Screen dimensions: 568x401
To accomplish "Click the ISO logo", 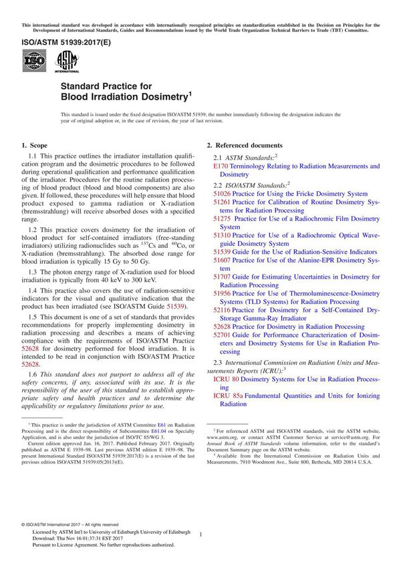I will tap(34, 62).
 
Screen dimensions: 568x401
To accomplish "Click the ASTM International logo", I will tap(67, 62).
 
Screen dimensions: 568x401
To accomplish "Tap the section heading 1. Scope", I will tap(34, 145).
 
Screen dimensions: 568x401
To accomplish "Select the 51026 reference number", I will tap(222, 194).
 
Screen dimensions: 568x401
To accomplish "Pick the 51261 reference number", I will tap(222, 202).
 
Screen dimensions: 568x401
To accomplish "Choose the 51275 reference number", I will tap(222, 219).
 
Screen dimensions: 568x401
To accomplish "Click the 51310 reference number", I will tap(222, 235).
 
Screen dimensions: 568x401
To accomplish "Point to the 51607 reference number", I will tap(222, 260).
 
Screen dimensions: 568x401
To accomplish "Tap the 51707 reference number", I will tap(222, 277).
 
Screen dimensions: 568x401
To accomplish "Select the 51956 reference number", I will tap(222, 293).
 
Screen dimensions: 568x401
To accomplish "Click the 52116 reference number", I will tap(222, 310).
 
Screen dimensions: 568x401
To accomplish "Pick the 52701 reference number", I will tap(222, 335).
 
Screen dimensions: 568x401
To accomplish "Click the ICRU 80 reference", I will tap(227, 379).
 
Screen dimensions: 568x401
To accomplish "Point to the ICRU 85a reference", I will tap(229, 396).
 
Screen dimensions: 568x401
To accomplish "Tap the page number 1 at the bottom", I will tap(200, 534).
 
